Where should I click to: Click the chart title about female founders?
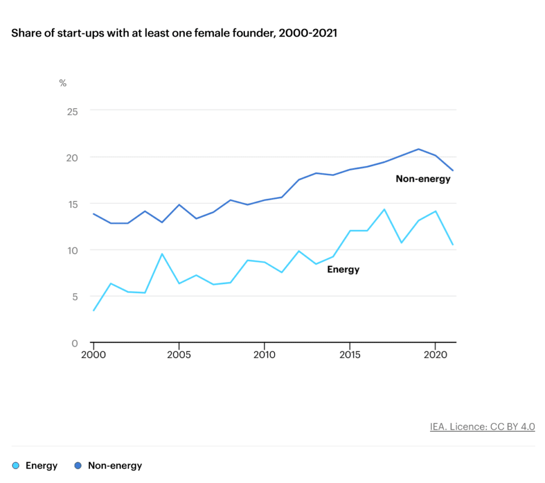click(x=174, y=33)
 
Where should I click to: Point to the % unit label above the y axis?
click(x=63, y=83)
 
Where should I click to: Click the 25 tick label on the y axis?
click(x=72, y=111)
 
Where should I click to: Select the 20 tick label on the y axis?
click(x=72, y=158)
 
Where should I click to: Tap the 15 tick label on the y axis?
click(x=72, y=204)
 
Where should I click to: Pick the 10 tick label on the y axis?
click(x=72, y=251)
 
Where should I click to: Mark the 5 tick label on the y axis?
click(x=75, y=297)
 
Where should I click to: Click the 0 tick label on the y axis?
click(x=75, y=343)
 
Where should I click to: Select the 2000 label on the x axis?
click(x=93, y=355)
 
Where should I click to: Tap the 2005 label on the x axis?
click(x=178, y=355)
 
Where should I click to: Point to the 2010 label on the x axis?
click(x=264, y=355)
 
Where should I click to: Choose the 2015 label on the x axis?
click(x=350, y=355)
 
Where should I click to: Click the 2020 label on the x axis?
click(x=436, y=355)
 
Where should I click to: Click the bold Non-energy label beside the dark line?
click(x=423, y=179)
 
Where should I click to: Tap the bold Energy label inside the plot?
click(x=343, y=270)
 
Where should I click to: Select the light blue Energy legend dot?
click(x=15, y=465)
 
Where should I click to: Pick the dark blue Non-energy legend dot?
click(x=78, y=465)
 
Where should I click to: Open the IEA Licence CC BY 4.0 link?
click(x=482, y=426)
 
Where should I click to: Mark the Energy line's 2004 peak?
click(x=162, y=254)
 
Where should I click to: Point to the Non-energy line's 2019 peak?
click(x=419, y=149)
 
